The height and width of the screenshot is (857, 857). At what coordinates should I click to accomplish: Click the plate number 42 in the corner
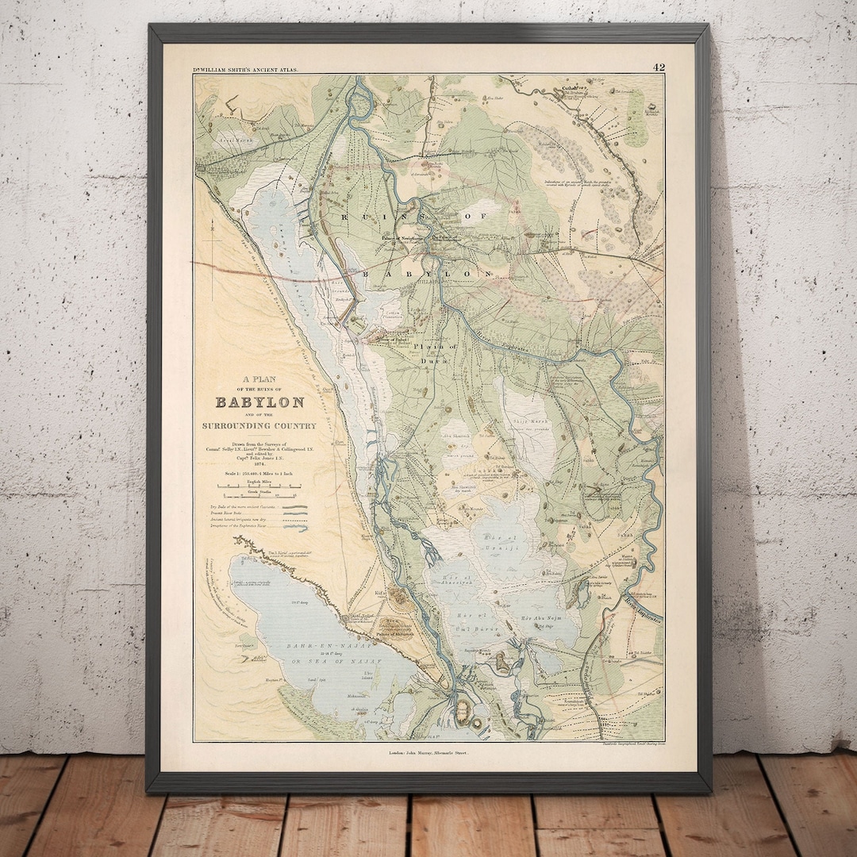coord(658,67)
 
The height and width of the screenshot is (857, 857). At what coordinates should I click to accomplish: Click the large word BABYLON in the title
coord(259,402)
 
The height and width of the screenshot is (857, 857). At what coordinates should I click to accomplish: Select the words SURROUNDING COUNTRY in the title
coord(259,426)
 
